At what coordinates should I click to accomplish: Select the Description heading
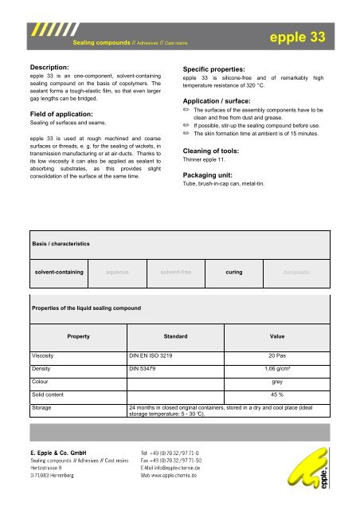[54, 67]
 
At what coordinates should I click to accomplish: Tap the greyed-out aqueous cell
[117, 272]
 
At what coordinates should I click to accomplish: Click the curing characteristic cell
[234, 272]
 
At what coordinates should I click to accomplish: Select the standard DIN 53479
[147, 370]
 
